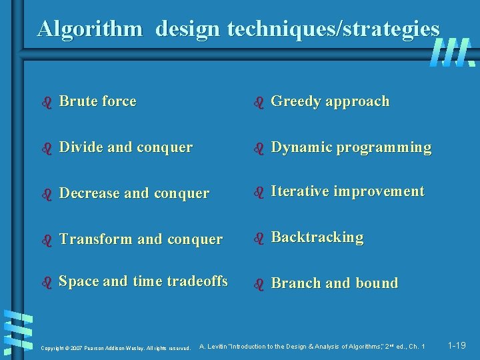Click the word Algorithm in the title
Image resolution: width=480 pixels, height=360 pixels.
point(89,29)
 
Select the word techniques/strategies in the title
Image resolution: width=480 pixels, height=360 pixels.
point(334,29)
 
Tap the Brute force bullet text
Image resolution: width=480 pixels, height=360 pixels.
point(97,101)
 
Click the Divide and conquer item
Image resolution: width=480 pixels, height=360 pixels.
point(125,147)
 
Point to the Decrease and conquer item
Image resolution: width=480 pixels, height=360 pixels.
point(134,193)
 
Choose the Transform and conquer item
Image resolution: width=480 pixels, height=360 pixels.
point(141,239)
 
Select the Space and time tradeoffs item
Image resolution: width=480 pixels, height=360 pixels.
point(143,281)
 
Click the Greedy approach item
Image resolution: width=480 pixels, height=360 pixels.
point(330,101)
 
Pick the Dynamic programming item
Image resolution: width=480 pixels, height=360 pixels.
point(351,147)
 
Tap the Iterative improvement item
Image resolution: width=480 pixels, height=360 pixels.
point(347,191)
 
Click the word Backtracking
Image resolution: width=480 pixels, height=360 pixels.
point(317,237)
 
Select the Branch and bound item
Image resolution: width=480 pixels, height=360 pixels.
point(334,283)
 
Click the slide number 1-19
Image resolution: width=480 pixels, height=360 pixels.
point(457,345)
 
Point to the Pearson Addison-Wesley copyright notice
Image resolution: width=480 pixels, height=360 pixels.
point(116,347)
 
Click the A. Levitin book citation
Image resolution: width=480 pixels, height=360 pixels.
point(312,346)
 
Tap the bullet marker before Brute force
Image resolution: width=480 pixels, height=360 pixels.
point(47,103)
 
